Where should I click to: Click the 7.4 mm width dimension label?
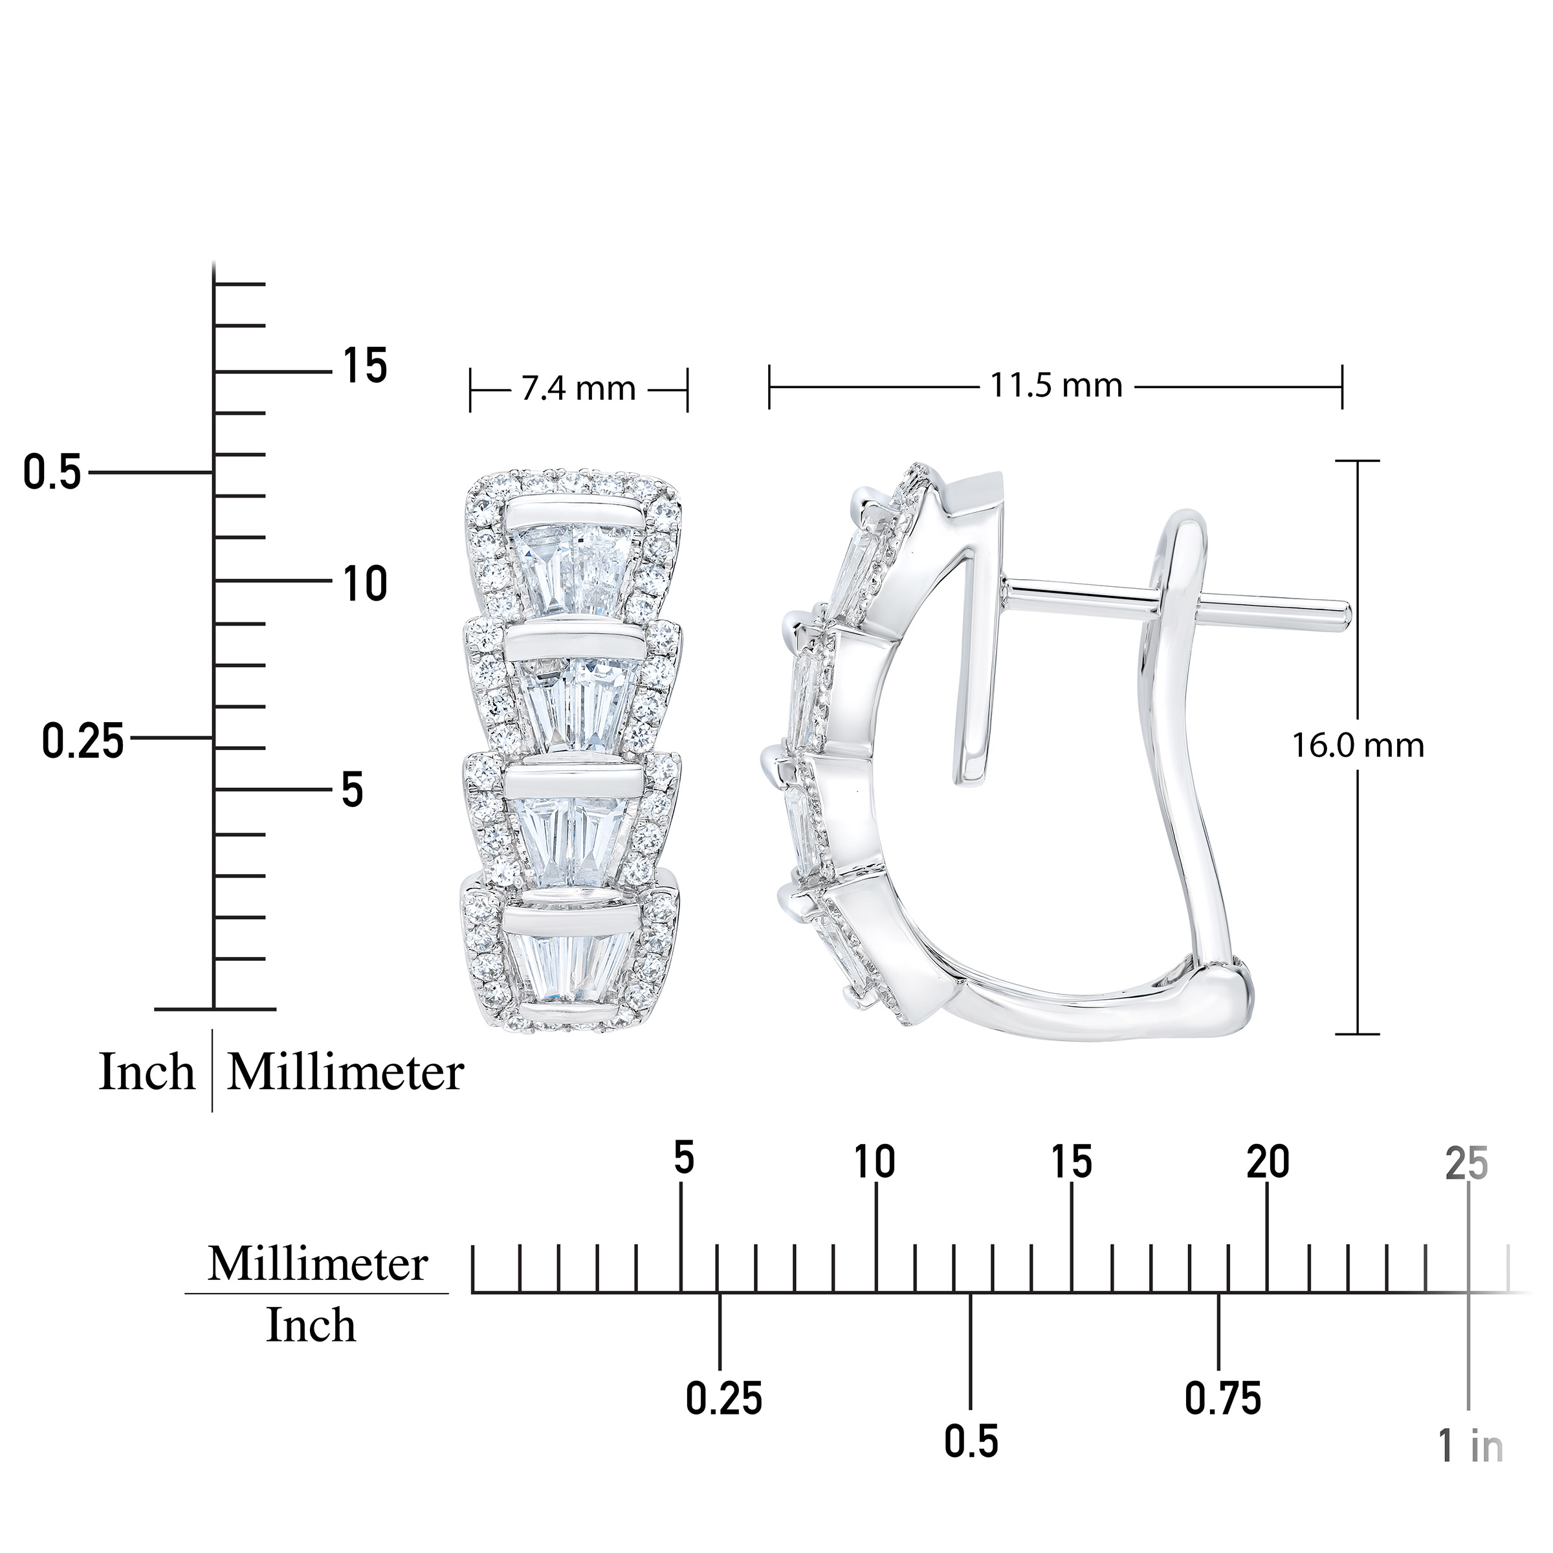click(x=578, y=390)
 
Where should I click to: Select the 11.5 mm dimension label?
click(x=1055, y=386)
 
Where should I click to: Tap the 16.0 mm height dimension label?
click(x=1358, y=746)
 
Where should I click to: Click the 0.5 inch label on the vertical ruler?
click(x=53, y=472)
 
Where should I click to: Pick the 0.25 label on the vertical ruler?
click(x=83, y=740)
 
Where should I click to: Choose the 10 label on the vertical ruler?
click(x=365, y=584)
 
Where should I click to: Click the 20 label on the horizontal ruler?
click(x=1268, y=1162)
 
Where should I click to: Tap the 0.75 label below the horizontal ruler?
click(x=1222, y=1400)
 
